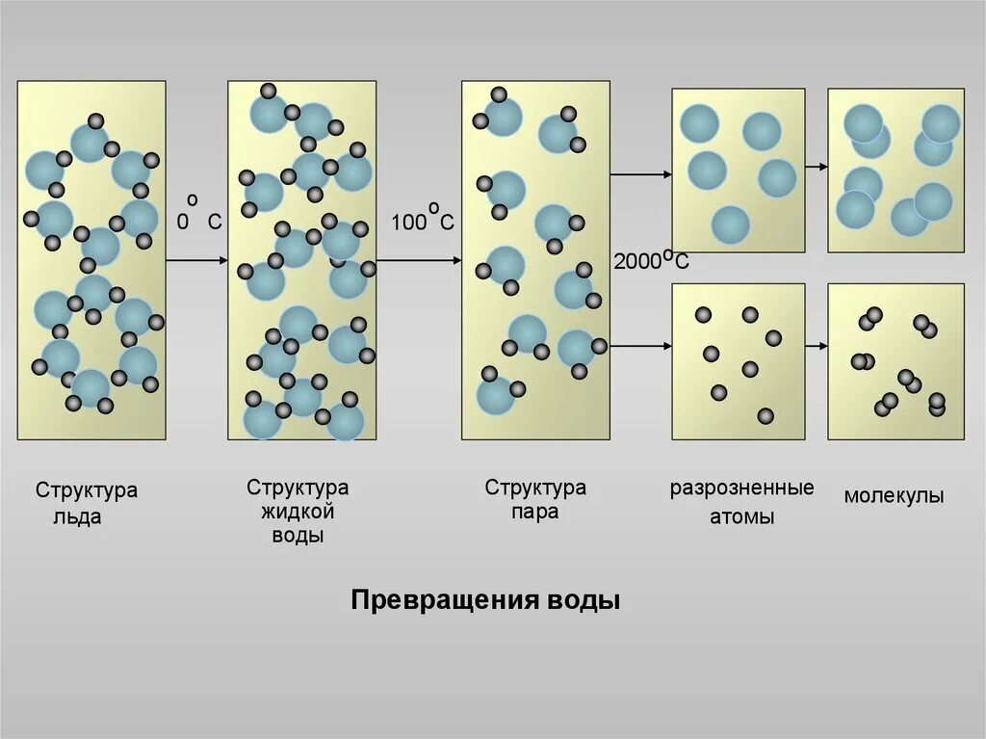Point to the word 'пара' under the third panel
[535, 512]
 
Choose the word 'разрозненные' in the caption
[742, 488]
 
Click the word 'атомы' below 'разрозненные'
[742, 516]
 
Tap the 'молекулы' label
[894, 496]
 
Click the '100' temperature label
[407, 223]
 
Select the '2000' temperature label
[636, 262]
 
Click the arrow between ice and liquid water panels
[196, 260]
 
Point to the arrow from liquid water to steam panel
[418, 260]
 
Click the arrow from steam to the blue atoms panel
[640, 174]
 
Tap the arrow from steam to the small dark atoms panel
[640, 345]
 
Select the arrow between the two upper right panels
[817, 167]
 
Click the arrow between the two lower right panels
[817, 345]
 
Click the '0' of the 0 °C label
[182, 222]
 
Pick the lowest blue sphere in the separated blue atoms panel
[730, 224]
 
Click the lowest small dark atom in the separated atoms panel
[765, 415]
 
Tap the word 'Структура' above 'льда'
[87, 490]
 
